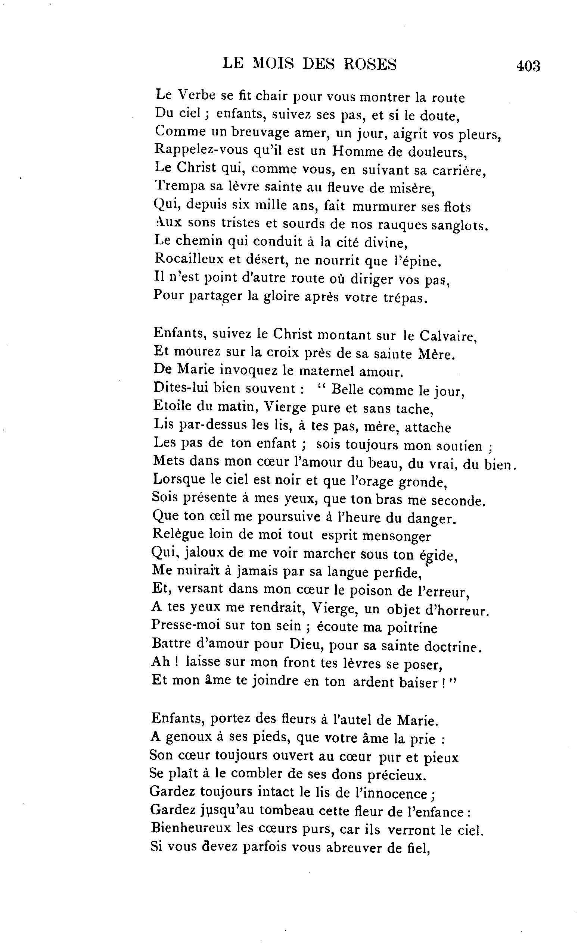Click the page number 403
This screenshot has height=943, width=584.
tap(528, 66)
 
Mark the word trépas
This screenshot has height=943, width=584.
tap(406, 298)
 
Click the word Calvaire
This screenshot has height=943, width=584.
tap(448, 336)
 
